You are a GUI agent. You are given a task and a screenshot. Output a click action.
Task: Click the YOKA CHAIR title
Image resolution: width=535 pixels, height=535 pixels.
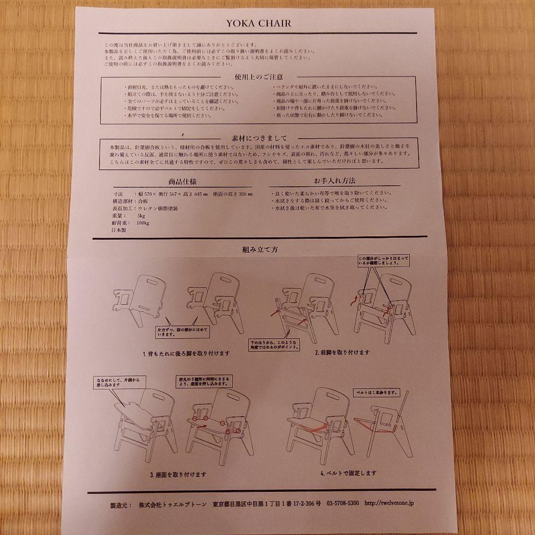(259, 23)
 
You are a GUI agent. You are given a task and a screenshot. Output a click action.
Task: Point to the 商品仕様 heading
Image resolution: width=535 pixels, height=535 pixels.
(183, 182)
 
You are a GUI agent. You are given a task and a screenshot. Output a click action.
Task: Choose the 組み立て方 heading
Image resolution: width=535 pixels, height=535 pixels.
(260, 249)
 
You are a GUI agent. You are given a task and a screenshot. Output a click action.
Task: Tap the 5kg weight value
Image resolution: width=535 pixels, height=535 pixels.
(142, 216)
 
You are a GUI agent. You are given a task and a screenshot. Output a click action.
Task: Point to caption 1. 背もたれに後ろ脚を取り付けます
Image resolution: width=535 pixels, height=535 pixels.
(186, 354)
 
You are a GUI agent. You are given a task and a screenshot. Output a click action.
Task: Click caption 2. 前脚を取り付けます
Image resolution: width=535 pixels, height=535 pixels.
(342, 352)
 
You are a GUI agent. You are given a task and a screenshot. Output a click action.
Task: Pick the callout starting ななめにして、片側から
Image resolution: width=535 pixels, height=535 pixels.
(114, 380)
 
